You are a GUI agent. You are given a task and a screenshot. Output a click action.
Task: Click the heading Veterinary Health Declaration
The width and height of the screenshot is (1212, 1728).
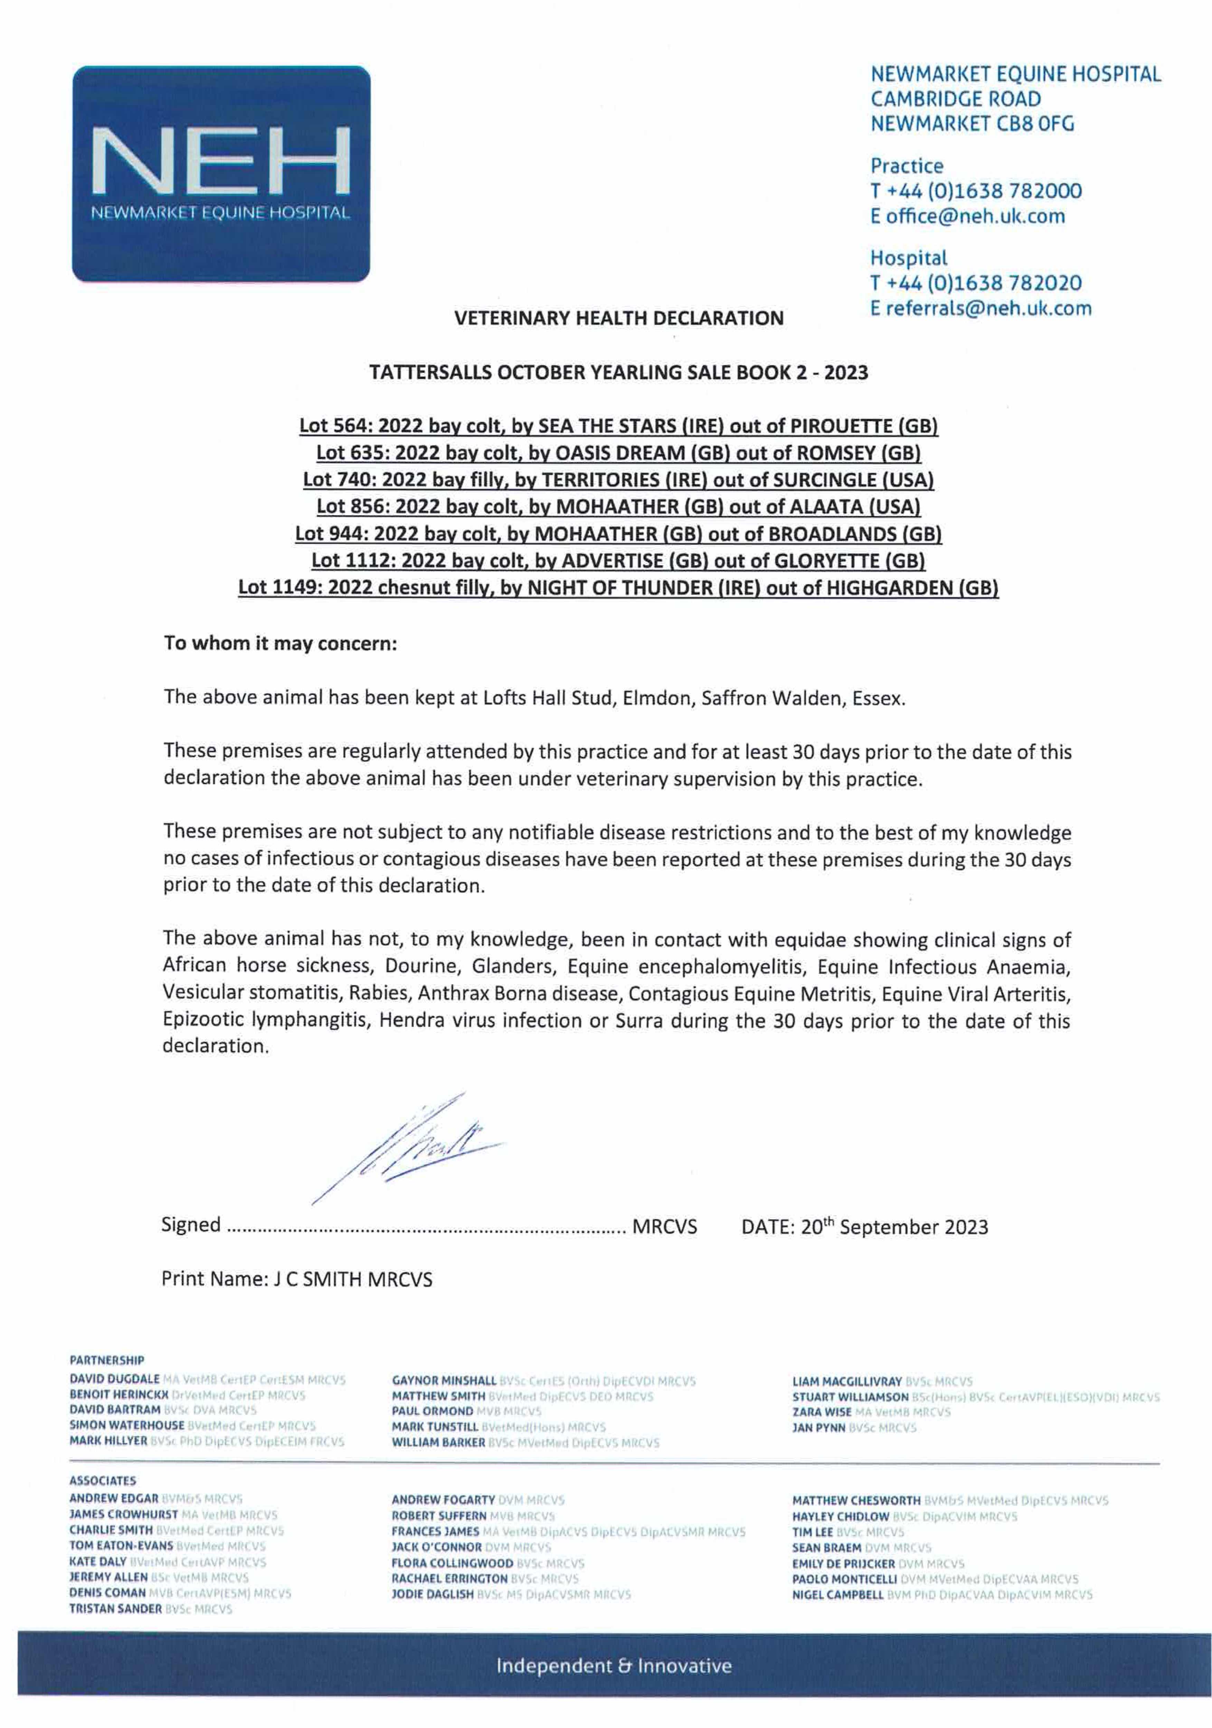pyautogui.click(x=618, y=318)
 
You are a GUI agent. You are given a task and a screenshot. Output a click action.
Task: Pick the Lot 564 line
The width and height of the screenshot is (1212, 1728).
pyautogui.click(x=618, y=426)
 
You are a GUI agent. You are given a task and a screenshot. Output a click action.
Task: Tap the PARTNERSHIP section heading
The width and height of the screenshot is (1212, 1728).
pyautogui.click(x=107, y=1360)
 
